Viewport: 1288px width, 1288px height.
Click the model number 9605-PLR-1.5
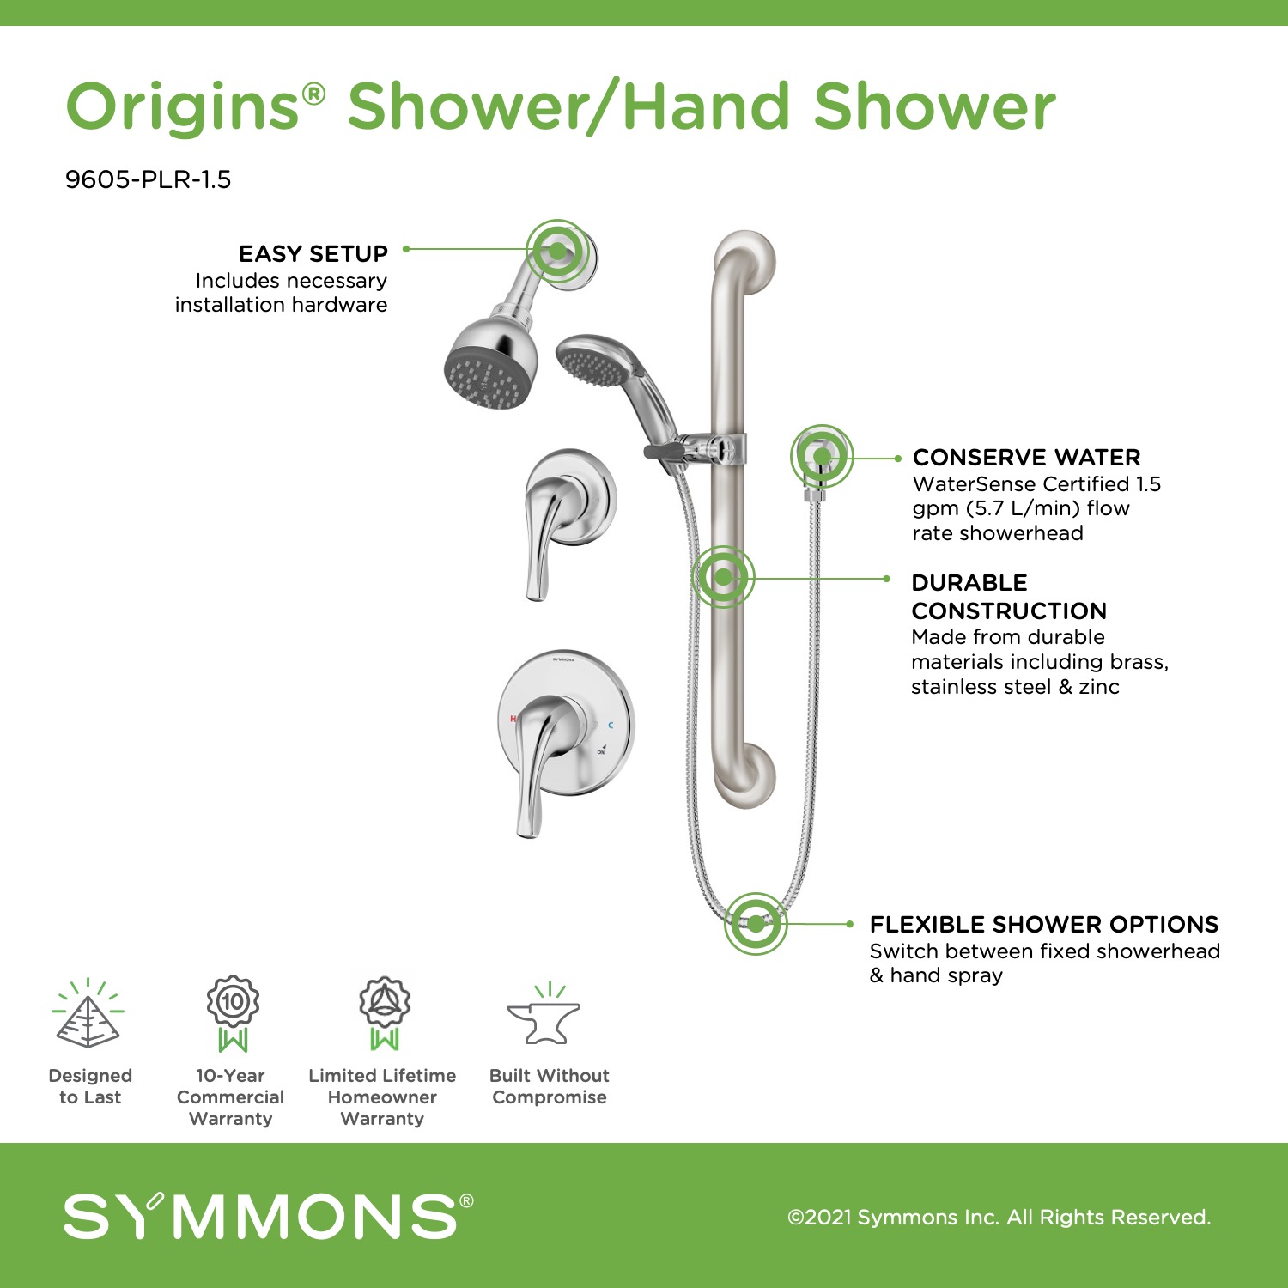point(148,179)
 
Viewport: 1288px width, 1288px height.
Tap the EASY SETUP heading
point(313,254)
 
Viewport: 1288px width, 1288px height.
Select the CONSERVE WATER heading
point(1026,457)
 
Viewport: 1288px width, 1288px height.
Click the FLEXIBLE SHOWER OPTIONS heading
point(1044,924)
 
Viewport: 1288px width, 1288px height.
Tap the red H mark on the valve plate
point(513,719)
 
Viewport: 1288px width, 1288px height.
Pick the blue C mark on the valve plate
point(611,726)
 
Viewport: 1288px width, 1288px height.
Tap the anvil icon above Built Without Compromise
point(544,1016)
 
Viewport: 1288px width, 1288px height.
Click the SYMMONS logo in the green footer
point(268,1215)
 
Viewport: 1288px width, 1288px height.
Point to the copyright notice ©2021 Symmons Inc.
point(999,1217)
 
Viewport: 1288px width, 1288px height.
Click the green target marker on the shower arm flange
point(558,251)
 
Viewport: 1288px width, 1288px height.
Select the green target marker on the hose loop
point(756,924)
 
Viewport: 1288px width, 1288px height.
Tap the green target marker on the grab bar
point(723,577)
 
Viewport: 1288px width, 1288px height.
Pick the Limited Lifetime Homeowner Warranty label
point(382,1097)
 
